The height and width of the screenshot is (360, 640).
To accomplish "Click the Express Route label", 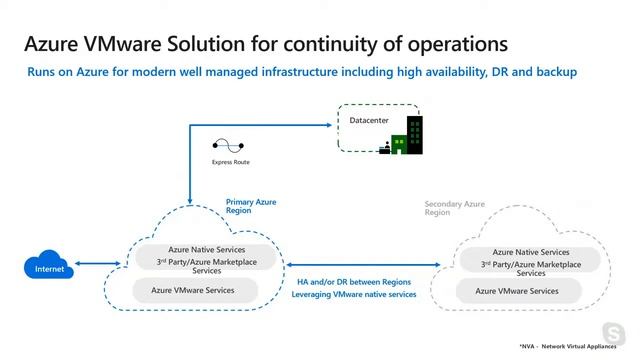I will (x=231, y=161).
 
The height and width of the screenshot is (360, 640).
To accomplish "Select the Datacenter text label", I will (x=368, y=121).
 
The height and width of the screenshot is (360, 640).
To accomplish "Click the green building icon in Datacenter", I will (x=406, y=137).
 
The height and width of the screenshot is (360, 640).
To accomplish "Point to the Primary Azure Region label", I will (x=251, y=207).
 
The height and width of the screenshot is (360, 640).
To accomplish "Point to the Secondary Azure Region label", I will (x=455, y=208).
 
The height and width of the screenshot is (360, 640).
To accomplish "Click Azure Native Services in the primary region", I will (x=191, y=249).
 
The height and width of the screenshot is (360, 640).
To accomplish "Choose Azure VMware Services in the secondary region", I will (x=517, y=291).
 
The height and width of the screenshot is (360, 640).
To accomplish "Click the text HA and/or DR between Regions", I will (x=353, y=281).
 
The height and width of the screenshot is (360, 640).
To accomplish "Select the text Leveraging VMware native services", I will (x=353, y=294).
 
